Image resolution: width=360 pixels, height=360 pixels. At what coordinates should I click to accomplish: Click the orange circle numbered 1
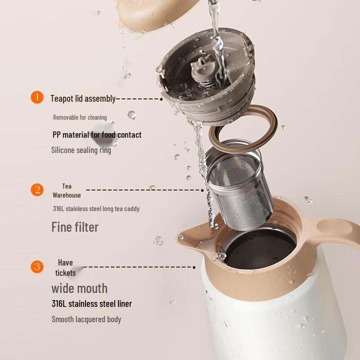click(37, 97)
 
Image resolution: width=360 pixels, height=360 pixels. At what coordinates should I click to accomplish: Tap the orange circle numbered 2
click(37, 189)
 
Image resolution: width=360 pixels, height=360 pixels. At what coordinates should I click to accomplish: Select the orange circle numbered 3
click(37, 266)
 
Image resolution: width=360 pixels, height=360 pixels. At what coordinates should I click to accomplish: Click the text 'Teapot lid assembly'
click(83, 99)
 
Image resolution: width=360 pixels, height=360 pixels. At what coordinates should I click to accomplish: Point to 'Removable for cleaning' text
click(80, 117)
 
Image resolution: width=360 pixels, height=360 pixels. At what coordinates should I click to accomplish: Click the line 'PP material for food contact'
click(97, 135)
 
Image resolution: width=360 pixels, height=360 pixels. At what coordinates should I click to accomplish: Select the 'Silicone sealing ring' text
click(81, 150)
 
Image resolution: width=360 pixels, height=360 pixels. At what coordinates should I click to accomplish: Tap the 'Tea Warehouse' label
click(67, 191)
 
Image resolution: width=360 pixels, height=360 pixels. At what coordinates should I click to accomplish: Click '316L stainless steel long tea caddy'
click(96, 209)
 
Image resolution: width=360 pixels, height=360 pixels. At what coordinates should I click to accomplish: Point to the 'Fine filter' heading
click(75, 227)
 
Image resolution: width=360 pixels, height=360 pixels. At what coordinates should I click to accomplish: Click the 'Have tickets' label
click(65, 268)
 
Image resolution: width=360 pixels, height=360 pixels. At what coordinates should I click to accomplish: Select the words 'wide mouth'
click(79, 288)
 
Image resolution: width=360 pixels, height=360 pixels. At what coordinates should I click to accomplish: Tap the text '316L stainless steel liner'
click(91, 304)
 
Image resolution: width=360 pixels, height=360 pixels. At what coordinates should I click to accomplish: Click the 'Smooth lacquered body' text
click(86, 319)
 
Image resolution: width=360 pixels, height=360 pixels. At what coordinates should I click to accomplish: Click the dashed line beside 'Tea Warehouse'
click(144, 190)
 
